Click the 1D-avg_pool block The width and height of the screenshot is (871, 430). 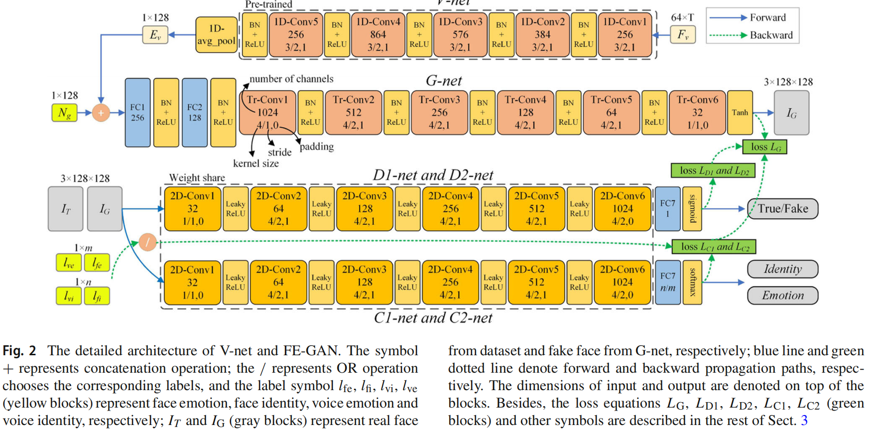tap(216, 34)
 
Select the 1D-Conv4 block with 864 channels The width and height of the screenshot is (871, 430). tap(377, 34)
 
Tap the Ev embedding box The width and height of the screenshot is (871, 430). tap(155, 35)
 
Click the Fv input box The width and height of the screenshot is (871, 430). tap(683, 34)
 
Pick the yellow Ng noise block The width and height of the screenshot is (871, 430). tap(64, 113)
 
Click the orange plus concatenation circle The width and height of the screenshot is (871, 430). tap(101, 113)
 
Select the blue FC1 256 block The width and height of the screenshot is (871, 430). tap(137, 113)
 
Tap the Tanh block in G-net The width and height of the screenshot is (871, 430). tap(740, 113)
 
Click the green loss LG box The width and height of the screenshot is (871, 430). tap(764, 146)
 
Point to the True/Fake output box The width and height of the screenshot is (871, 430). tap(782, 208)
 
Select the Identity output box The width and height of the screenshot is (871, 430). tap(782, 269)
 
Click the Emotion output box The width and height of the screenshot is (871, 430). tap(782, 295)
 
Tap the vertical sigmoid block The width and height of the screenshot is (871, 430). tap(692, 209)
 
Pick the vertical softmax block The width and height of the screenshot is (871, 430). tap(692, 282)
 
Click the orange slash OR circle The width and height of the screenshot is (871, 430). tap(147, 242)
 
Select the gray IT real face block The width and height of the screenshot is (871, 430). tap(66, 209)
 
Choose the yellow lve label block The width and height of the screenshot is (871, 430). tap(69, 263)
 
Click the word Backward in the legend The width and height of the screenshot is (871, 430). tap(771, 35)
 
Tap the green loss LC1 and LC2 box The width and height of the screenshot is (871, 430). tap(714, 246)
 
